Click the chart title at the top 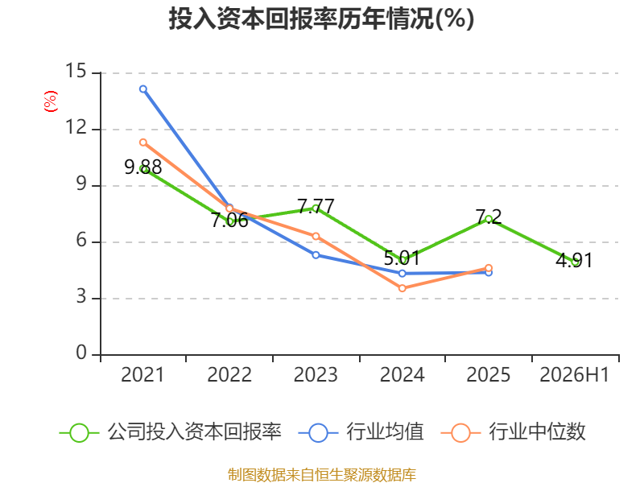321,19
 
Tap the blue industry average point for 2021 143,89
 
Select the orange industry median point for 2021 143,142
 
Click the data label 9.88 143,167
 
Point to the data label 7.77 316,206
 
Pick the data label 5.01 402,258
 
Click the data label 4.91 575,260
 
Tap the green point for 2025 489,219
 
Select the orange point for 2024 402,288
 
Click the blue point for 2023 316,255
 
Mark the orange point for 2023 316,236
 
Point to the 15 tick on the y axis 76,71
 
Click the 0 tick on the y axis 81,353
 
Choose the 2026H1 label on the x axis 575,375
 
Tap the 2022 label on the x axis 229,375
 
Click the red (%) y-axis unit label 51,101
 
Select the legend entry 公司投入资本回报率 171,432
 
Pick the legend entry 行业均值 361,432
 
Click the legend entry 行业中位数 513,432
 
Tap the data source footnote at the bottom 322,475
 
